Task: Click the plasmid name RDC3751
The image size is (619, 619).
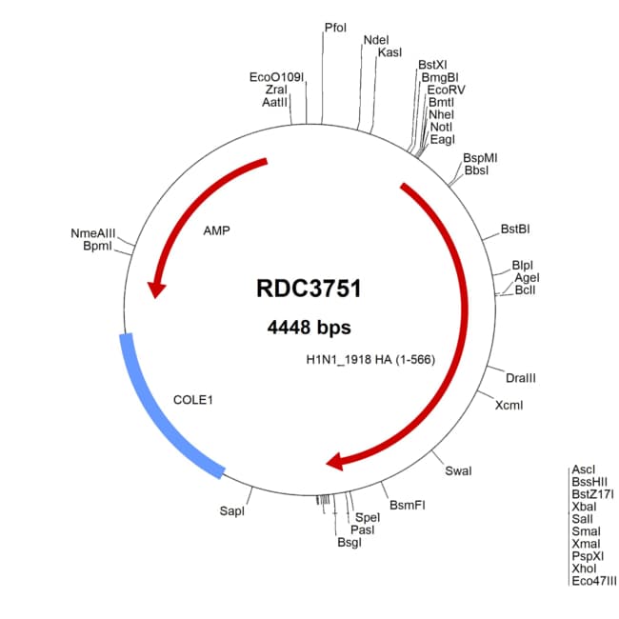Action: pos(309,289)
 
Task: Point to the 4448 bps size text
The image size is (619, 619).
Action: pos(309,327)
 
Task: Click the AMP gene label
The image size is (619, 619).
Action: pos(217,230)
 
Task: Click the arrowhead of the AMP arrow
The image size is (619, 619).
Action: pos(152,287)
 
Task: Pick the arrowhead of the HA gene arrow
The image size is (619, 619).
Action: pos(333,463)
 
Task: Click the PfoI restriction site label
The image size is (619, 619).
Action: pos(335,29)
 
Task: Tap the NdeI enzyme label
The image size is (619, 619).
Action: pos(376,40)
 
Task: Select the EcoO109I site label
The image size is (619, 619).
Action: pos(276,76)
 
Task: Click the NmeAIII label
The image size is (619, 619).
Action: pos(92,233)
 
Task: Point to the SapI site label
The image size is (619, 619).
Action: pos(232,511)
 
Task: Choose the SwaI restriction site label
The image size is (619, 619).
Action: pos(458,470)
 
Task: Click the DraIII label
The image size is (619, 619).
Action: pos(519,378)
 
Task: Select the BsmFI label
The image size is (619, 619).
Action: pos(408,505)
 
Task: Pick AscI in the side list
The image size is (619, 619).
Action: pos(583,469)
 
